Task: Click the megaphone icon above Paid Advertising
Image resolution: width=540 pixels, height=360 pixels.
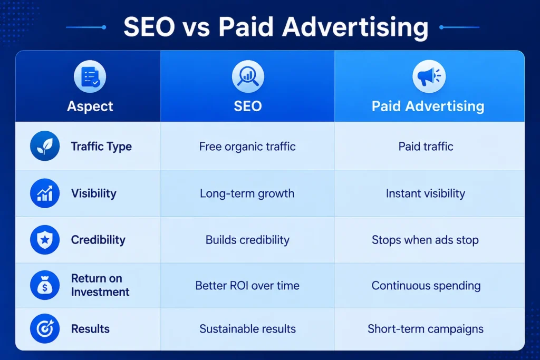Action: (x=429, y=76)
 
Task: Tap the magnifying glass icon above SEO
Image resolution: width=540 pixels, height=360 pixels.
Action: (x=248, y=76)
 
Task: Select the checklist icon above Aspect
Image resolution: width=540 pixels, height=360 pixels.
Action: (x=90, y=76)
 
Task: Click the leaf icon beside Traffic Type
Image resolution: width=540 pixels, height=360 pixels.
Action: (x=45, y=146)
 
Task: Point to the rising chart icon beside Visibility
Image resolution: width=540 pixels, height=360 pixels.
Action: (x=45, y=193)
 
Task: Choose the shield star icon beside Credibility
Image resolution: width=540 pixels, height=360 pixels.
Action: (x=45, y=239)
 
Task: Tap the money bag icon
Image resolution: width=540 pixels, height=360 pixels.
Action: (x=45, y=285)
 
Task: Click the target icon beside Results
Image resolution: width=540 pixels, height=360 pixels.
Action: (x=45, y=329)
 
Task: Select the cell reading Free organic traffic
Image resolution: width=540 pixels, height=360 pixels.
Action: (x=247, y=147)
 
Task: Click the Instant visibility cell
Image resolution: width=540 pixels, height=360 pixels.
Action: (x=426, y=193)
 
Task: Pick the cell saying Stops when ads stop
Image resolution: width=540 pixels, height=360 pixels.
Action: (x=426, y=240)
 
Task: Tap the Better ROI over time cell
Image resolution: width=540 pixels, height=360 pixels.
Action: (x=247, y=286)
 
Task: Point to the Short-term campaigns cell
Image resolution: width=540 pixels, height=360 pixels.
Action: (x=426, y=329)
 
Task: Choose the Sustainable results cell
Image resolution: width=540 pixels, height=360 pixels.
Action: (x=247, y=329)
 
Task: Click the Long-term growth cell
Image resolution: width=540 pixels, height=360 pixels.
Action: (x=247, y=193)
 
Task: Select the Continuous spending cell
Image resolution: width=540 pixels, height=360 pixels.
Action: (x=426, y=286)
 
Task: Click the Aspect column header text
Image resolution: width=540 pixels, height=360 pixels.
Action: (x=90, y=106)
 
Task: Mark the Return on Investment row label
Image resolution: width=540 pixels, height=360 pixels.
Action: (x=100, y=285)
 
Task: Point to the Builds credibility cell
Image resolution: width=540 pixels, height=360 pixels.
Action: (x=247, y=240)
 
